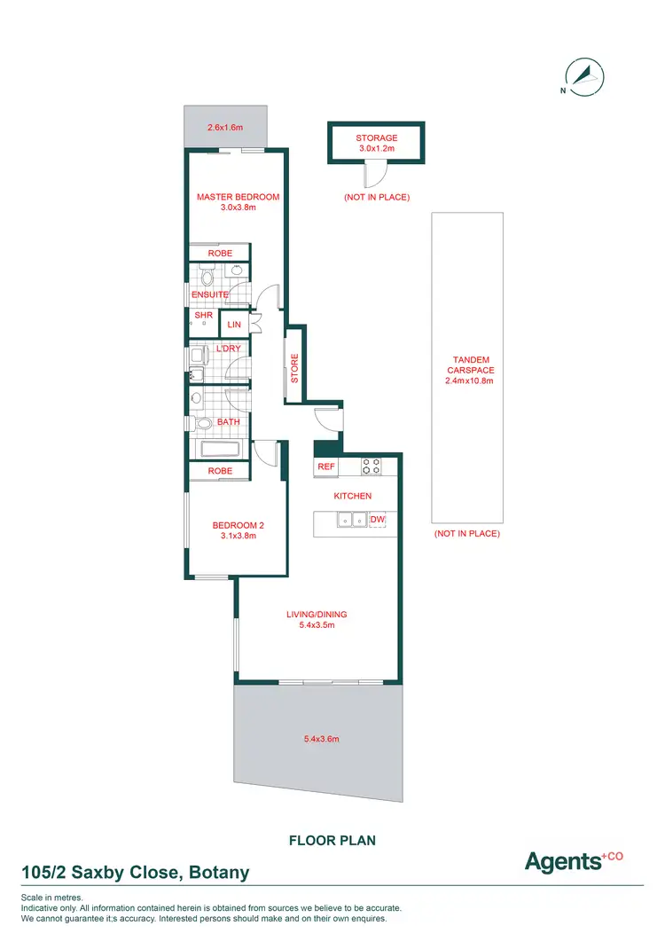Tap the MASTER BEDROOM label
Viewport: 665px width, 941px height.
click(238, 197)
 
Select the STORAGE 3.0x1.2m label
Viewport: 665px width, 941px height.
click(376, 144)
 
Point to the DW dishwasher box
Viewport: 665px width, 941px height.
click(378, 519)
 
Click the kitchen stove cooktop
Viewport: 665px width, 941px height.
click(372, 465)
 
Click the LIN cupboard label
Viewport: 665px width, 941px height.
click(234, 325)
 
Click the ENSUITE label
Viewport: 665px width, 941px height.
click(209, 294)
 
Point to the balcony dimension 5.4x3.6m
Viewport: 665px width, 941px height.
click(316, 739)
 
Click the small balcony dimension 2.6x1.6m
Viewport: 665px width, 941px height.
click(224, 128)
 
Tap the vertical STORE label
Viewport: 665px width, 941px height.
click(295, 368)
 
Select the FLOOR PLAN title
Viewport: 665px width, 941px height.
click(332, 838)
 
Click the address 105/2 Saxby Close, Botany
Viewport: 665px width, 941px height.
click(135, 873)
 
